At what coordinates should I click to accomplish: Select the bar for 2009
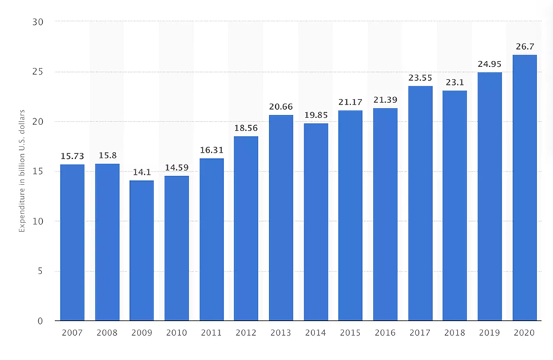click(142, 250)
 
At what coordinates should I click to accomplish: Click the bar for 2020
click(525, 187)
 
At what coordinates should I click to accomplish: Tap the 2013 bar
click(281, 218)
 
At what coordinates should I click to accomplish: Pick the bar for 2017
click(420, 203)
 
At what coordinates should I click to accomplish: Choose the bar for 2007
click(73, 243)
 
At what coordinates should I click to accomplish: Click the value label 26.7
click(525, 46)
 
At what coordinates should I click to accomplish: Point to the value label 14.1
click(142, 173)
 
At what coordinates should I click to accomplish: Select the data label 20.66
click(281, 106)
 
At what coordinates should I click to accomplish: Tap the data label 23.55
click(420, 78)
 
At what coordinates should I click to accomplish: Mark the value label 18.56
click(246, 128)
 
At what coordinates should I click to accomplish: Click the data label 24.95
click(489, 64)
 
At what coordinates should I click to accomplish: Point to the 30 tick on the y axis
click(38, 22)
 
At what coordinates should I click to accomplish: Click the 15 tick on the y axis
click(38, 171)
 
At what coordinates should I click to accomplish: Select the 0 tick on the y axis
click(40, 321)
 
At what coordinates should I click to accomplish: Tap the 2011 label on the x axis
click(212, 332)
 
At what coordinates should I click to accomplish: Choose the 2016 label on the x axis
click(385, 332)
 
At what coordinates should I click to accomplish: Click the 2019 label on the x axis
click(489, 332)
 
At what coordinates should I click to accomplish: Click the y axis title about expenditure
click(22, 171)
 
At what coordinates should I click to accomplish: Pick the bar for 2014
click(316, 222)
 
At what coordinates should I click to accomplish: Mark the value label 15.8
click(108, 155)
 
